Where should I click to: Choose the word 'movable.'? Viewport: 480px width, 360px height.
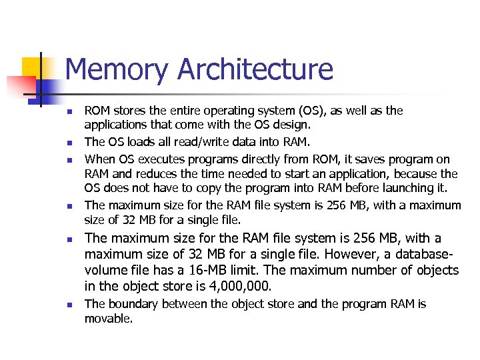(x=109, y=319)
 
